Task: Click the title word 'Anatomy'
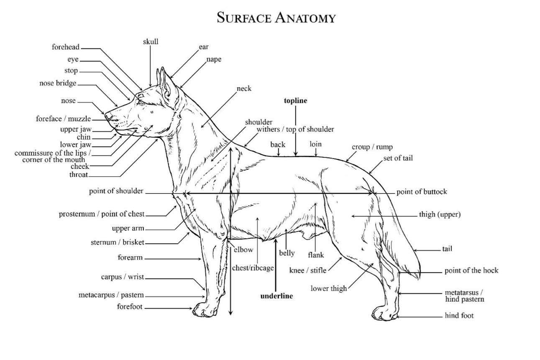[305, 18]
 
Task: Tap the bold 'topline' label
[295, 101]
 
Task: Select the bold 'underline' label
[276, 296]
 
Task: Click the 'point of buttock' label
[422, 192]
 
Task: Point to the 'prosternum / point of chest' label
[102, 214]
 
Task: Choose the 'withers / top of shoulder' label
[295, 129]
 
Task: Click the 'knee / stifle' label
[307, 270]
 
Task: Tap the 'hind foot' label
[459, 316]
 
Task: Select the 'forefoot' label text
[130, 307]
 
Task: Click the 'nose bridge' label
[58, 83]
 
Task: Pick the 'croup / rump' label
[372, 147]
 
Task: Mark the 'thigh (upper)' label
[440, 214]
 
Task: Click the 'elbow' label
[243, 250]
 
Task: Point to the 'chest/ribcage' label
[253, 268]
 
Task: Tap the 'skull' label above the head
[151, 41]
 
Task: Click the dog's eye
[141, 102]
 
